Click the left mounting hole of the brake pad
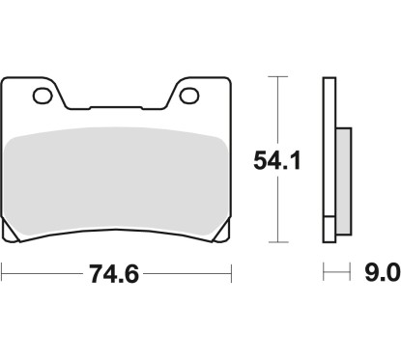point(42,96)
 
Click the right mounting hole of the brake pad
point(191,96)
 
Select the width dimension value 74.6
point(109,275)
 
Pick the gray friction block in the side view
point(340,172)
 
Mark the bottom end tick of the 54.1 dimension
point(278,242)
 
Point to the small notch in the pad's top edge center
point(116,106)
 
